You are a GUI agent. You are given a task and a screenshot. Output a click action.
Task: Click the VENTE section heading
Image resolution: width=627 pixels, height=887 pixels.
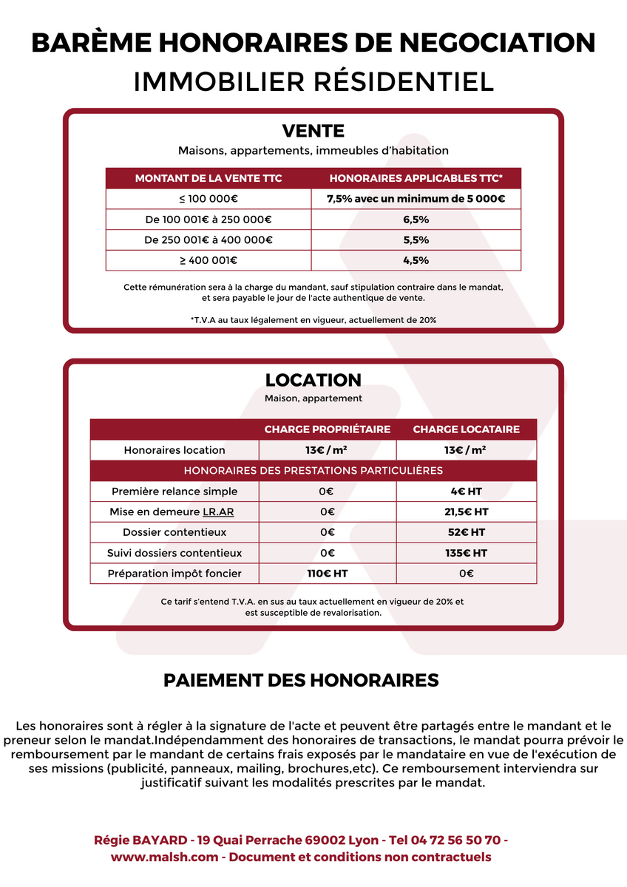(313, 132)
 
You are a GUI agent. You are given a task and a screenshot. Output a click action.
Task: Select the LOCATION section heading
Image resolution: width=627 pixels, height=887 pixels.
(313, 380)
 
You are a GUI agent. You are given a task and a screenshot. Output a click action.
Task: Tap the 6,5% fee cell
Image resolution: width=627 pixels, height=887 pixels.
(416, 220)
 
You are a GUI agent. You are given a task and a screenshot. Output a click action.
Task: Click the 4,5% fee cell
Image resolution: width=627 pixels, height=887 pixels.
(416, 260)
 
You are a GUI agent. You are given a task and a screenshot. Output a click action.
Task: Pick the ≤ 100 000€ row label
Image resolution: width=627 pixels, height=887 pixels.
(209, 199)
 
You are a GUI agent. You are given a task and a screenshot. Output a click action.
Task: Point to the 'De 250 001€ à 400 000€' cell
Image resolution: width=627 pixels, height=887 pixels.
(209, 240)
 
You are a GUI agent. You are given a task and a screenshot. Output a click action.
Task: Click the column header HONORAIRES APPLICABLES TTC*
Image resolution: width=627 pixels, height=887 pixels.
(416, 178)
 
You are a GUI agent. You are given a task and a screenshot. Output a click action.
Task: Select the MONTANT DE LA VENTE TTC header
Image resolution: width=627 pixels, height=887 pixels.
(209, 178)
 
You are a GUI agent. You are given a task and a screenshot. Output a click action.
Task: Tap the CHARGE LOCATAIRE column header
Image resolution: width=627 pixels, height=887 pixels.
(466, 429)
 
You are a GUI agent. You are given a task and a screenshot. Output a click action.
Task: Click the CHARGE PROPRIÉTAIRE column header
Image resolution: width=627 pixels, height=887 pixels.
(328, 429)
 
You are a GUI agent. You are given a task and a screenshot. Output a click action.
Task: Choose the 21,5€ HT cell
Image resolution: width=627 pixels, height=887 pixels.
(466, 512)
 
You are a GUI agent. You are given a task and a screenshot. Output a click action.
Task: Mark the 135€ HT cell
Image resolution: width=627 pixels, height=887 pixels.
(466, 553)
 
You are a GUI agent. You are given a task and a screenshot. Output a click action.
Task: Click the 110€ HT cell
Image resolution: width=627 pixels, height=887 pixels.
(328, 574)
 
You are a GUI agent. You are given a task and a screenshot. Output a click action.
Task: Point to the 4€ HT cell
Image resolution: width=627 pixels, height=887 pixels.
(466, 492)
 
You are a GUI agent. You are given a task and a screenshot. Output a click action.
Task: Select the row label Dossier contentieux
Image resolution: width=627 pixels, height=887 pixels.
(174, 532)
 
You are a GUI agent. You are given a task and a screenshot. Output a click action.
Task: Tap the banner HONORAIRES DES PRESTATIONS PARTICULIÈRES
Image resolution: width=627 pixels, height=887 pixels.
(313, 471)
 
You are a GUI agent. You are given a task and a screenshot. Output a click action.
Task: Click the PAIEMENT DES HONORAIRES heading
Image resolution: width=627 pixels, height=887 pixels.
(301, 680)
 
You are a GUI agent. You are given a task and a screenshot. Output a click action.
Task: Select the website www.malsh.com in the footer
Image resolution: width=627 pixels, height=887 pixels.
(164, 857)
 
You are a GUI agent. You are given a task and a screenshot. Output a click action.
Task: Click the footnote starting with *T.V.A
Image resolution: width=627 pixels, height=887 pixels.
(313, 320)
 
